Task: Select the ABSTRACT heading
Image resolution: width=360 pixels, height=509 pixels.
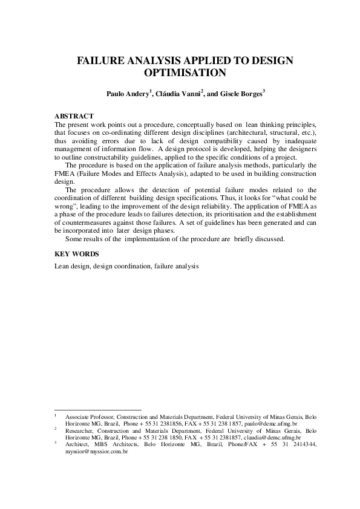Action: pos(74,115)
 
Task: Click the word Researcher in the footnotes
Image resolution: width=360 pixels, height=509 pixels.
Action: pos(81,431)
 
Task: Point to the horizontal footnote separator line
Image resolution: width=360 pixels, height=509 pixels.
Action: pos(97,410)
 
